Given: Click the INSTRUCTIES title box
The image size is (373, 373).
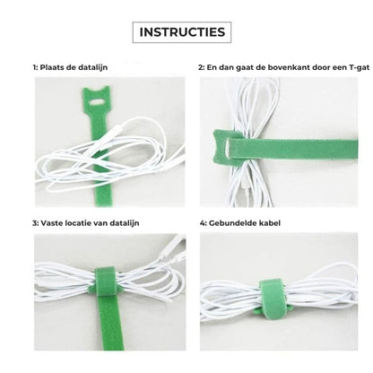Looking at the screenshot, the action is (182, 32).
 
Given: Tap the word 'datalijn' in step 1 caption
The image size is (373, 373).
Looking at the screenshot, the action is (92, 67).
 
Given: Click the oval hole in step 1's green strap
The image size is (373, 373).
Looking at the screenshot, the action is (96, 102).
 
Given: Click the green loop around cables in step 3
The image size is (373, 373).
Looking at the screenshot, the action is (105, 281).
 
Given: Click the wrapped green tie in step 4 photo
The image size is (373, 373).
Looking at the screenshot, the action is (272, 299).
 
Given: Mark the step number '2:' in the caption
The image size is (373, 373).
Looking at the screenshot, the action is (202, 67).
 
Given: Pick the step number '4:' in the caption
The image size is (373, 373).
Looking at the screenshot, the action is (204, 223).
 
